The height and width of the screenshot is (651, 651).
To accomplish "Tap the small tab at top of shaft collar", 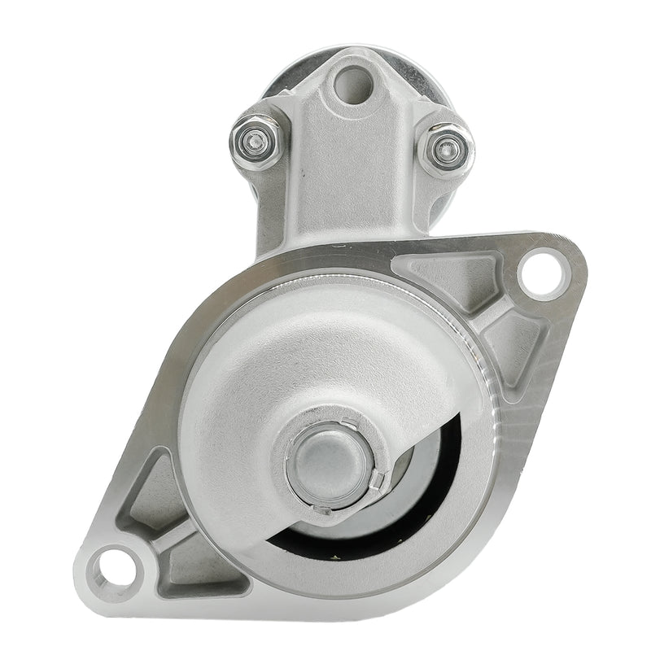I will [x=347, y=422].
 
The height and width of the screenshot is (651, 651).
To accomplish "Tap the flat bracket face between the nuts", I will [x=350, y=163].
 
